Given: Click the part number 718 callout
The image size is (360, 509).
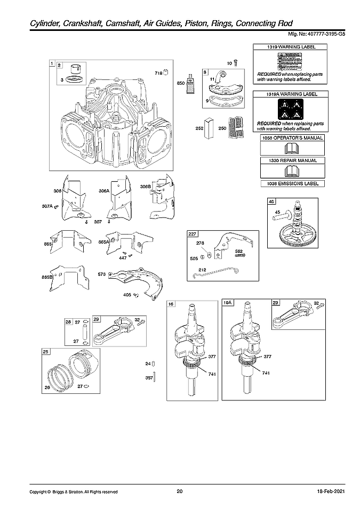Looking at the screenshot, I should pyautogui.click(x=158, y=73).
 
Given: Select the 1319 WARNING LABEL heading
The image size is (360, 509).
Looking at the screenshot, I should pyautogui.click(x=291, y=47).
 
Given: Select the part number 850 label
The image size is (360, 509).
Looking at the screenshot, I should pyautogui.click(x=181, y=83).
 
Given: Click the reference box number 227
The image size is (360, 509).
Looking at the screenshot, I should pyautogui.click(x=192, y=233).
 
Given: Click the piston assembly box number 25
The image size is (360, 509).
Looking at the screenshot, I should pyautogui.click(x=46, y=352).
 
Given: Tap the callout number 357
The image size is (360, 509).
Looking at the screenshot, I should pyautogui.click(x=149, y=378).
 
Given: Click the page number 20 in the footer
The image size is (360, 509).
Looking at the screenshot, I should pyautogui.click(x=179, y=491).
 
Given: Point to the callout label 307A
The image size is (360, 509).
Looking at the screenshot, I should pyautogui.click(x=48, y=206).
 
